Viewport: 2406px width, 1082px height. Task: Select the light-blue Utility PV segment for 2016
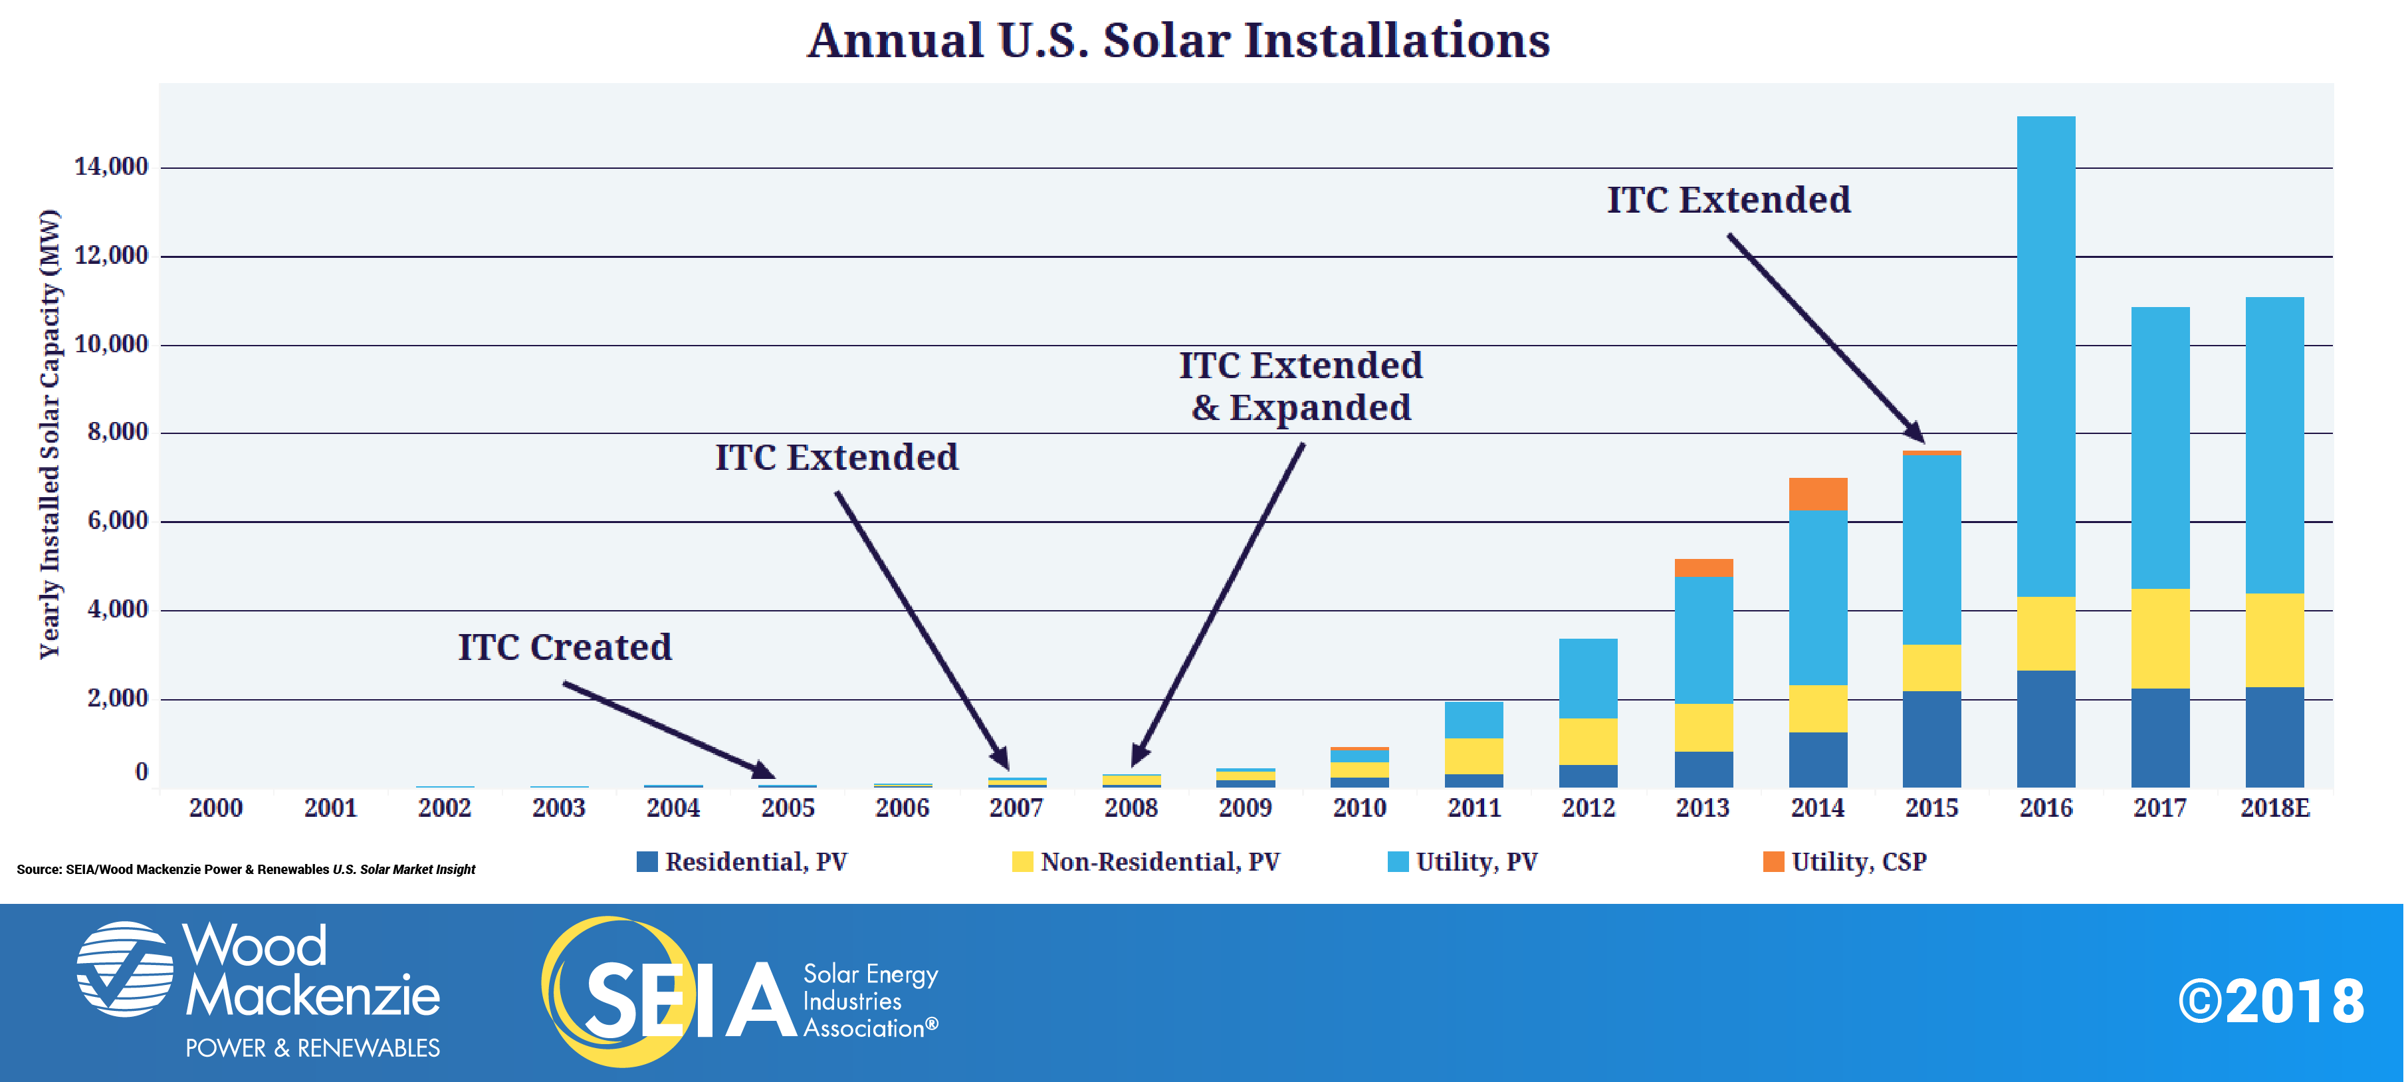point(2046,356)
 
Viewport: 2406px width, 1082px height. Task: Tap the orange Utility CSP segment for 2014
point(1818,493)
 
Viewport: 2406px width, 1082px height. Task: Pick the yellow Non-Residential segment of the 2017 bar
point(2160,638)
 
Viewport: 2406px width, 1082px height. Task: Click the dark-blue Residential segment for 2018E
point(2275,737)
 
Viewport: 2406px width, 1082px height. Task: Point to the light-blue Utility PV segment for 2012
point(1588,679)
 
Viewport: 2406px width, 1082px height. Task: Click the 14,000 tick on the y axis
point(111,167)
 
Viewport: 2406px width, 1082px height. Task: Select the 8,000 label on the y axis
point(118,432)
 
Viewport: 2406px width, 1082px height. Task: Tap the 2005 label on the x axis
point(788,808)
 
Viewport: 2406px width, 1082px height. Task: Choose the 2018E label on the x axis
point(2275,808)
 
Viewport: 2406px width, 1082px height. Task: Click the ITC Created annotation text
point(565,647)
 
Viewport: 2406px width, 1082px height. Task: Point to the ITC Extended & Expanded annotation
point(1300,386)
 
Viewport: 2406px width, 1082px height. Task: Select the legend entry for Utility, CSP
point(1844,861)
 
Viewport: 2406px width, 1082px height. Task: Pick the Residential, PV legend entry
point(742,861)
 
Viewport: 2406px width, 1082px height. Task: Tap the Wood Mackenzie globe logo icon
point(124,969)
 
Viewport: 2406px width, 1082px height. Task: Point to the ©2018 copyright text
point(2272,1001)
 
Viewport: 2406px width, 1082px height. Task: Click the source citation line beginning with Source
point(246,869)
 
